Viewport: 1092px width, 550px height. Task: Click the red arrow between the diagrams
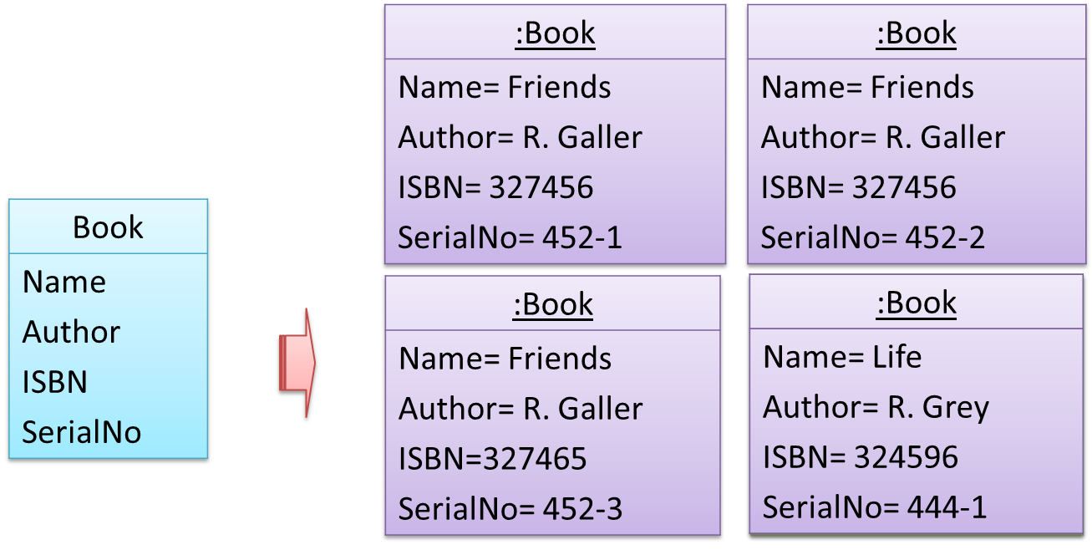point(297,363)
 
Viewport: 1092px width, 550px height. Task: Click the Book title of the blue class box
point(108,227)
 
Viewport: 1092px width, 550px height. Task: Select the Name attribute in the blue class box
point(63,282)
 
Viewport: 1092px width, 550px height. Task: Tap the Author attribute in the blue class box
point(71,332)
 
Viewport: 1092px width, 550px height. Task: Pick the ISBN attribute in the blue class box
point(54,382)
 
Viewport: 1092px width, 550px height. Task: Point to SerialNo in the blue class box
point(81,432)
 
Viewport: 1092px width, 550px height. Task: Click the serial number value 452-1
point(582,237)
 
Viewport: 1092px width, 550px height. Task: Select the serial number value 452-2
point(945,237)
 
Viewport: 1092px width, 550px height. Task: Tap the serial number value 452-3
point(582,508)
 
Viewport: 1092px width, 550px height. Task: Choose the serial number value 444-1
point(947,507)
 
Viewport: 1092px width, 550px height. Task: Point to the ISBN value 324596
point(906,457)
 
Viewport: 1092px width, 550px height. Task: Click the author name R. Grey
point(938,407)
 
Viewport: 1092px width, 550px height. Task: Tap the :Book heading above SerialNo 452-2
point(916,33)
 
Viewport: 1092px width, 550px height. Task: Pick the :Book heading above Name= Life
point(916,303)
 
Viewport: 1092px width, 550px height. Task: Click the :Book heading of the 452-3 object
point(553,304)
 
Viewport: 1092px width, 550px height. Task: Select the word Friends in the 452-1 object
point(559,87)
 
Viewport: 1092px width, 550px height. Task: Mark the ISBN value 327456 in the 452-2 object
point(904,187)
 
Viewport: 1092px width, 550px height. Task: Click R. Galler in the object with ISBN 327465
point(582,409)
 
